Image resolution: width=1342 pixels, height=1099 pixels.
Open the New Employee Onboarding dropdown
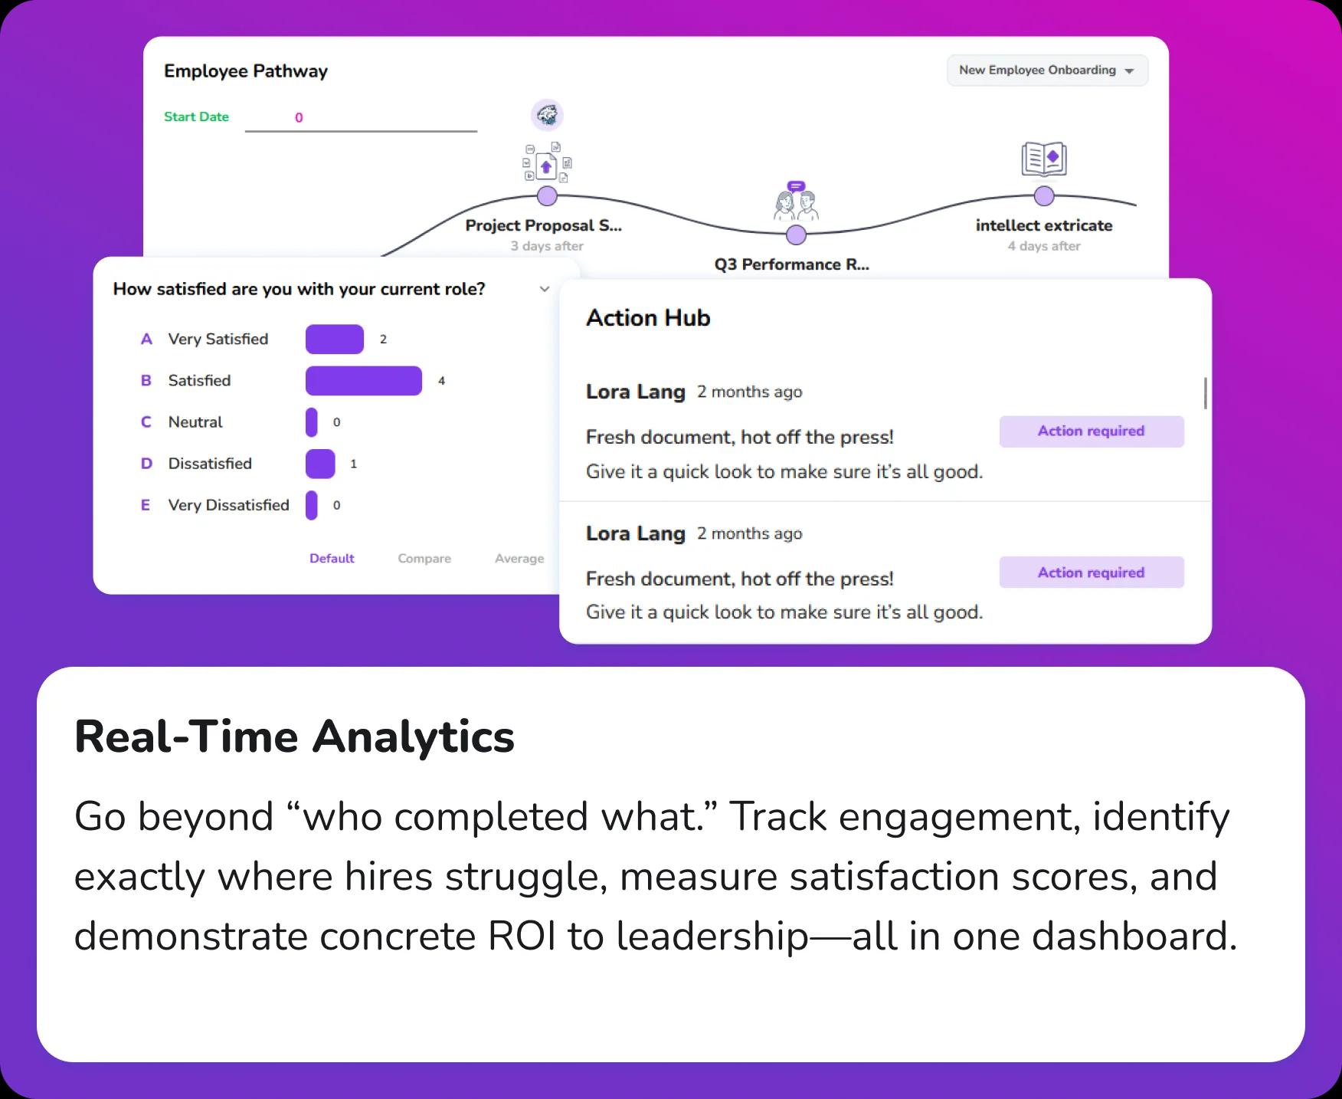[x=1046, y=71]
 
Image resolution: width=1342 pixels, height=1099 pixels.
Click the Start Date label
[x=196, y=116]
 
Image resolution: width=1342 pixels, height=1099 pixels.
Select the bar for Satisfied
[x=363, y=381]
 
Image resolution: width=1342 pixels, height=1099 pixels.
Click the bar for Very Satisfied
[x=334, y=340]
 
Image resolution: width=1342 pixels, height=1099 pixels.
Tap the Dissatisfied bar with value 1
[x=320, y=464]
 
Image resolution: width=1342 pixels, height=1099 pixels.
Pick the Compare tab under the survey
[x=424, y=559]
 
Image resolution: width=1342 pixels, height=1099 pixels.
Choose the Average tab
[x=519, y=559]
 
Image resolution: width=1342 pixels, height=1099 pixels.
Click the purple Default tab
[x=332, y=559]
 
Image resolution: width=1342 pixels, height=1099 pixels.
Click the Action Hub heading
[x=648, y=318]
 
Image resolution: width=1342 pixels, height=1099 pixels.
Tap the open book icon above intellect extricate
[x=1043, y=159]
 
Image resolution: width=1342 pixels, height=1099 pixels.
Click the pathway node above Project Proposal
[x=547, y=196]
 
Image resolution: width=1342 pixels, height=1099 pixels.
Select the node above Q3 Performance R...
[x=796, y=235]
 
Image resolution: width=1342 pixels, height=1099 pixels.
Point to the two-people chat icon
[x=796, y=202]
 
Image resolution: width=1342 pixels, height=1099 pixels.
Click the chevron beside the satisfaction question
[x=545, y=289]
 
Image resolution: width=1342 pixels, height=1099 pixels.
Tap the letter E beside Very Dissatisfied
[x=146, y=505]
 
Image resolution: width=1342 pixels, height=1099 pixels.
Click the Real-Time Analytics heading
[x=294, y=736]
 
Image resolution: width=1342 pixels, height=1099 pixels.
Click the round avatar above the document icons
[x=547, y=116]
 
